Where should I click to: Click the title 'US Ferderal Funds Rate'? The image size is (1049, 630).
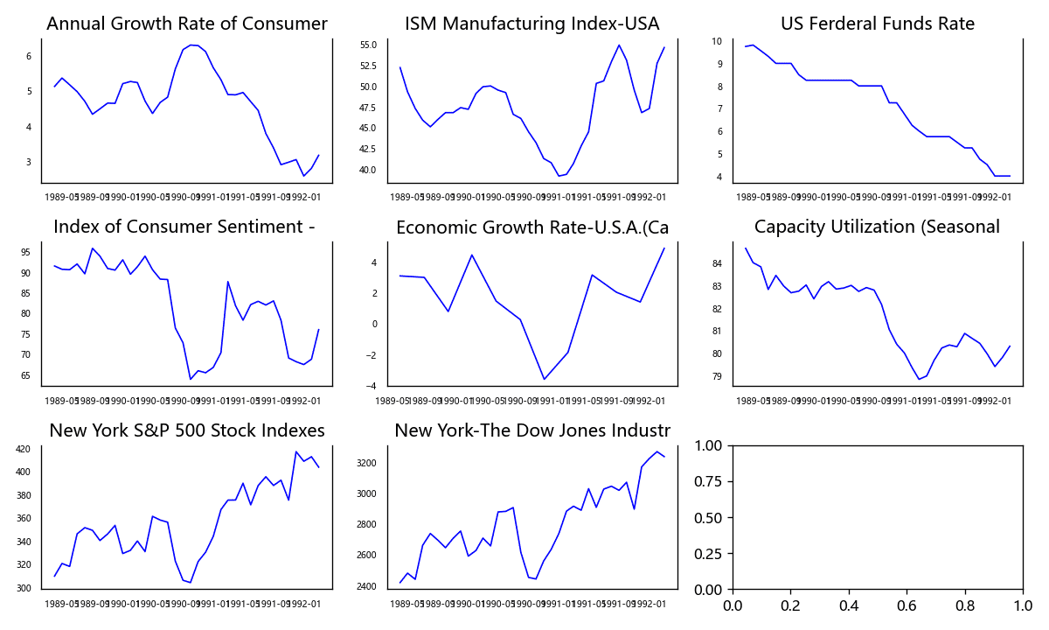tap(878, 24)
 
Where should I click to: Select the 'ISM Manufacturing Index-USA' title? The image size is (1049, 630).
tap(531, 24)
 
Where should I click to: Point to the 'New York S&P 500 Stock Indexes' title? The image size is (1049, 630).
tap(186, 430)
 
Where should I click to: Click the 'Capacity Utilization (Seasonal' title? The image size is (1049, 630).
tap(877, 227)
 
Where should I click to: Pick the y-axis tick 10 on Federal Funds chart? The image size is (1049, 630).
tap(716, 41)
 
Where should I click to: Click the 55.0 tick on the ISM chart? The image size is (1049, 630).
tap(368, 45)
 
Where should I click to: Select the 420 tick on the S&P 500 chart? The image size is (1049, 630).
tap(23, 449)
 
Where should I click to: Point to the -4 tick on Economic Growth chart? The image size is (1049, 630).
tap(372, 386)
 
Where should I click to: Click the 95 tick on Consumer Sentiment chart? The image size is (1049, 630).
tap(24, 252)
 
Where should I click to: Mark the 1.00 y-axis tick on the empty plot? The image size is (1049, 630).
tap(709, 445)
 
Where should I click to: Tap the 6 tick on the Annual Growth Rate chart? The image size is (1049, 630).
tap(28, 56)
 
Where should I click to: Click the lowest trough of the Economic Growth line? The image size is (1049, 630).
tap(545, 379)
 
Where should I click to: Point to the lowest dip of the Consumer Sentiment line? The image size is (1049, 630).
tap(191, 379)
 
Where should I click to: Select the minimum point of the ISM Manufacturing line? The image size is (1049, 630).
tap(559, 176)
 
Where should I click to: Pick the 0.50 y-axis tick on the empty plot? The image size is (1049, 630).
tap(709, 517)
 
